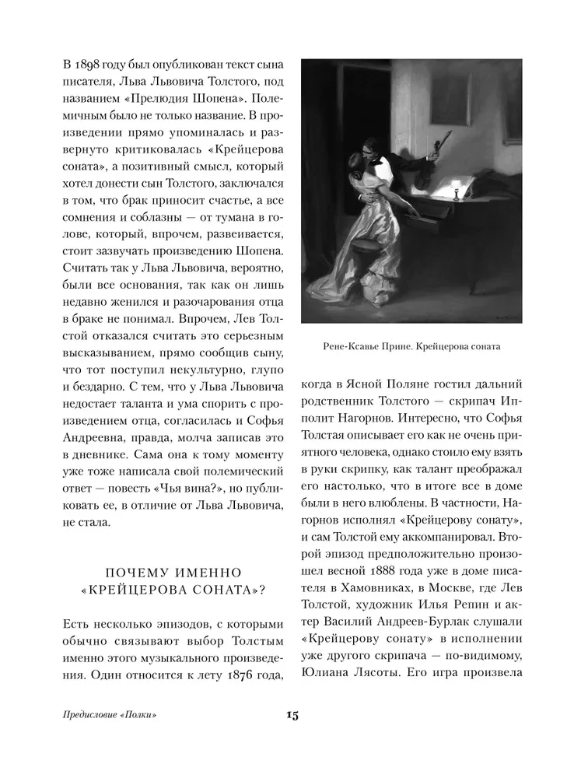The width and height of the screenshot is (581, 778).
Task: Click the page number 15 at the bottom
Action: coord(290,715)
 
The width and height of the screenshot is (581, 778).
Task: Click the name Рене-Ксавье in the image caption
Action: coord(352,346)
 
